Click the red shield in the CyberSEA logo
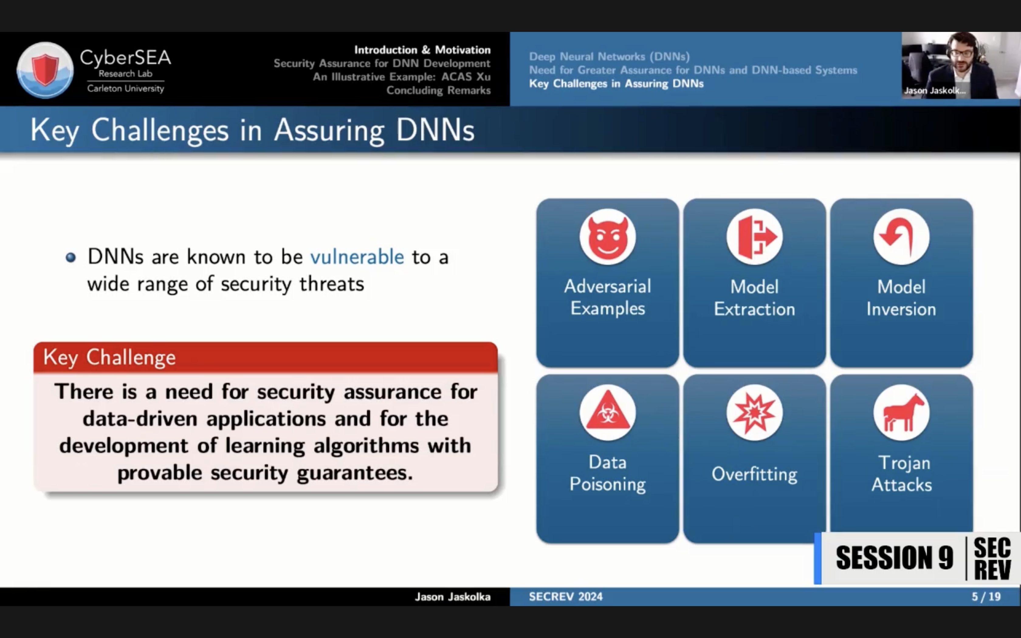[45, 68]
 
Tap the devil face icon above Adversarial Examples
[607, 237]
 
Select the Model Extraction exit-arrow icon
[755, 237]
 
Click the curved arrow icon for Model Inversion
[901, 237]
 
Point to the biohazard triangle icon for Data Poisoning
[607, 412]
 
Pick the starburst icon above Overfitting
[755, 412]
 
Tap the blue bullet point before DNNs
[70, 257]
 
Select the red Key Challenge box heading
[265, 357]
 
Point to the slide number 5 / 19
[986, 597]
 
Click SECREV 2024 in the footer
[566, 597]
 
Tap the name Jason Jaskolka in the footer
[453, 597]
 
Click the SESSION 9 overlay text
[894, 557]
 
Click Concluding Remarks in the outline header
[438, 90]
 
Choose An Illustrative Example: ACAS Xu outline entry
[402, 77]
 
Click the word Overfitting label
[755, 474]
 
